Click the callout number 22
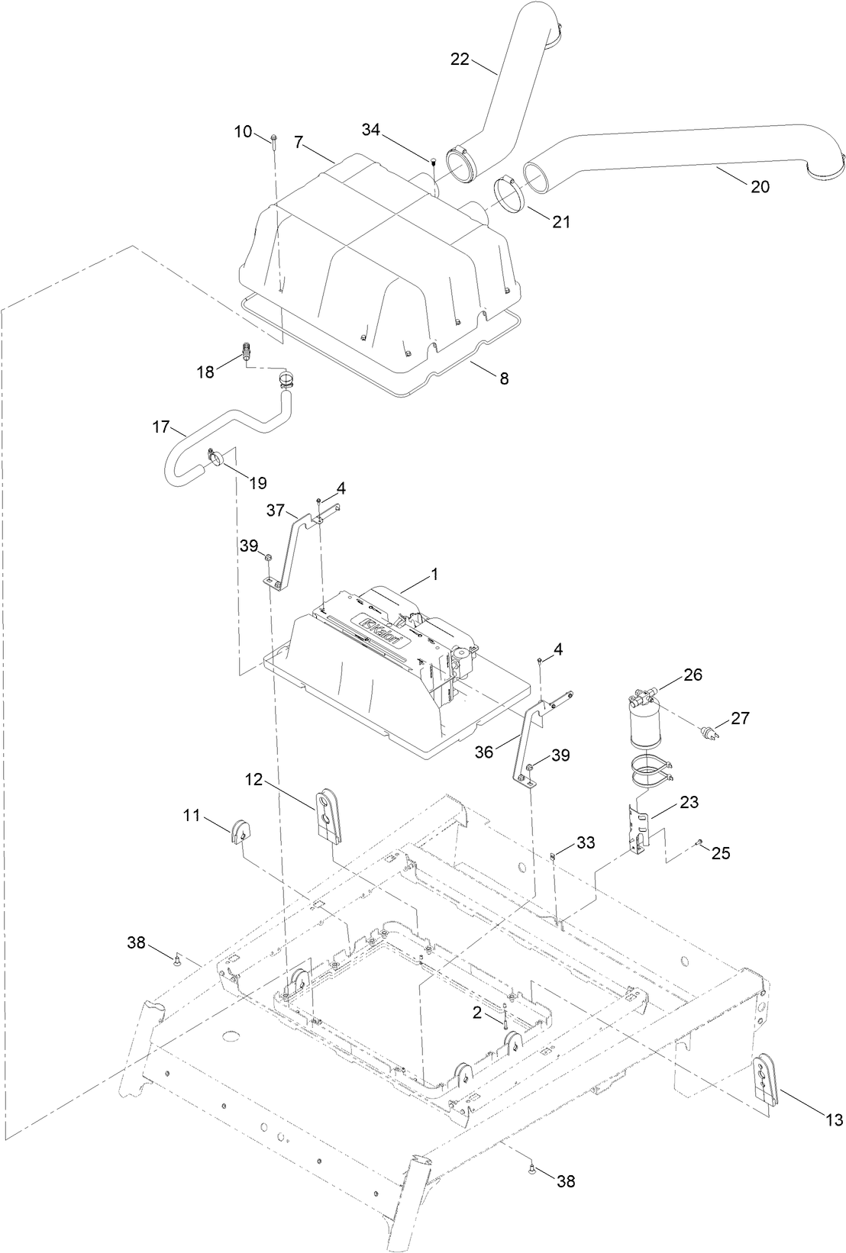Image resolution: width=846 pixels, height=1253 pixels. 460,60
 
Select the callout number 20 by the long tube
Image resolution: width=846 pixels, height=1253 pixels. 760,185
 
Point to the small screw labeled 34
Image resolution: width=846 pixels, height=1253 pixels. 433,161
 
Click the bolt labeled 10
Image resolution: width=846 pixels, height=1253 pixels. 273,138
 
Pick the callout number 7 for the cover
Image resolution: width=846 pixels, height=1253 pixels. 299,142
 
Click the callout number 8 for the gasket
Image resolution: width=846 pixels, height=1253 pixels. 504,378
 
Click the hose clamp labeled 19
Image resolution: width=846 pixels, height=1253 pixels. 215,458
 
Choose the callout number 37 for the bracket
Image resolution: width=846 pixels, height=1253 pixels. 276,508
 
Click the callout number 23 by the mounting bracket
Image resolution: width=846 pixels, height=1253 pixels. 689,803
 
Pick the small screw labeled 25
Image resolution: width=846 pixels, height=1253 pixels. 699,842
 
